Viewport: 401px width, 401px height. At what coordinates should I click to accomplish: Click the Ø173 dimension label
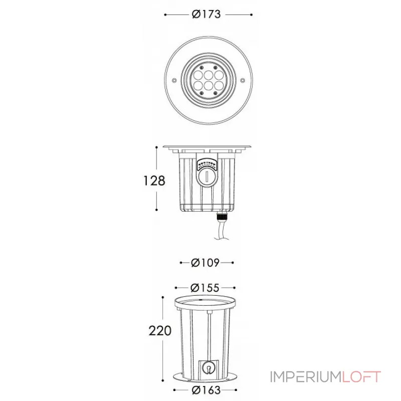[207, 15]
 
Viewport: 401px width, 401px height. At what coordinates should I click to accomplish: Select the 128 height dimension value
[154, 181]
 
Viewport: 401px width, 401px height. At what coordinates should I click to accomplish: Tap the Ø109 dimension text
[207, 262]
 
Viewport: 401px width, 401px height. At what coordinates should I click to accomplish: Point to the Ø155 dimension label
[206, 288]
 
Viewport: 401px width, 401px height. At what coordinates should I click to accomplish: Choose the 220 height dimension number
[160, 331]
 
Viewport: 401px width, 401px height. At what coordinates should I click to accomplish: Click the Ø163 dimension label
[206, 390]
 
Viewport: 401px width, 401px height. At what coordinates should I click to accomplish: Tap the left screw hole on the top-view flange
[174, 80]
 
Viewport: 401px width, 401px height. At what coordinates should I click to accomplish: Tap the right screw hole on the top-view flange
[241, 80]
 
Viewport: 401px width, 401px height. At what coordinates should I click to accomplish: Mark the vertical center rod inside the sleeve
[207, 336]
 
